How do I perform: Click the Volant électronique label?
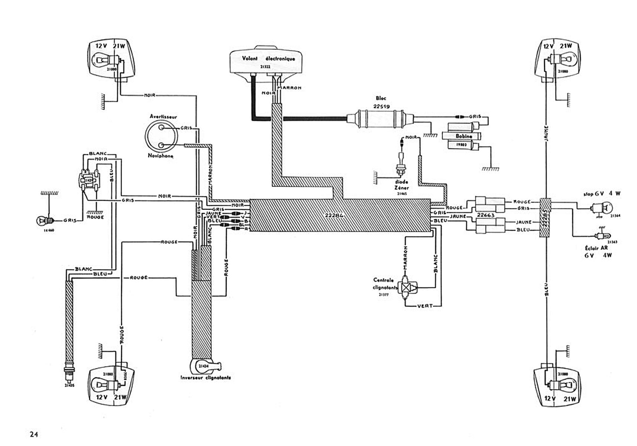tap(268, 59)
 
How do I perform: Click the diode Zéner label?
tap(401, 185)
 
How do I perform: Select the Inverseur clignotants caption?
tap(206, 378)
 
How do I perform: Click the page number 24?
tap(34, 434)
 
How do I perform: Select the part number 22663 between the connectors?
tap(485, 215)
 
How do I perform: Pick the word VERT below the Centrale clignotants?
tap(425, 306)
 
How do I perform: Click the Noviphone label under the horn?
tap(161, 156)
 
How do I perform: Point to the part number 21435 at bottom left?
tap(69, 385)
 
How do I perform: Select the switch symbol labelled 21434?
tap(204, 366)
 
